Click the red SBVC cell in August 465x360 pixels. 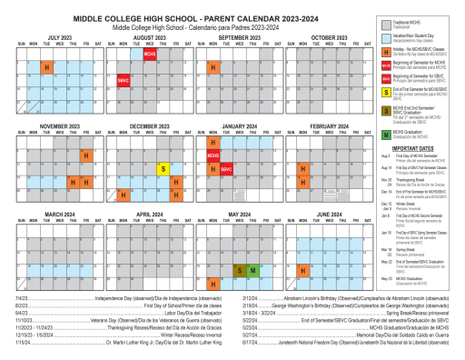tap(123, 81)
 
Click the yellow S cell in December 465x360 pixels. tap(162, 143)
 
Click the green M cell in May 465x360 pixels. tap(252, 245)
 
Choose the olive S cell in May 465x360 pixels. tap(239, 245)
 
